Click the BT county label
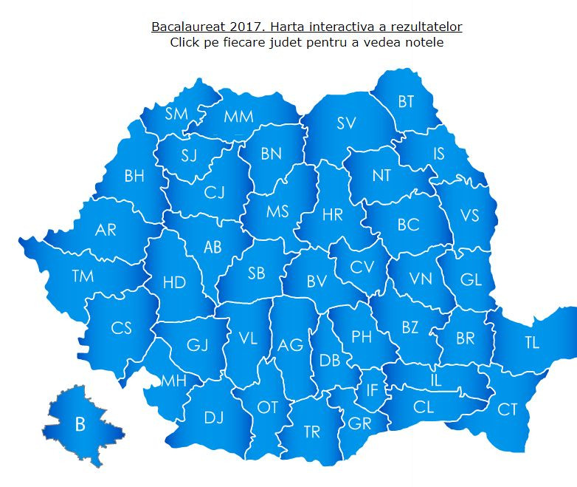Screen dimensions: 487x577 406,102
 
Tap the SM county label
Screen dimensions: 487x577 176,113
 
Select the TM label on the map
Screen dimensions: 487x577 83,276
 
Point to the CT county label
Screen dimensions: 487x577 507,409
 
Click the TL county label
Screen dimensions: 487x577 532,342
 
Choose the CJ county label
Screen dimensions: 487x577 214,193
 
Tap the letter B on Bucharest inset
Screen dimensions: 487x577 80,425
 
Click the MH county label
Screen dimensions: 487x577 173,381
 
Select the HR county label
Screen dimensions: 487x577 333,215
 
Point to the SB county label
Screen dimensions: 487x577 256,273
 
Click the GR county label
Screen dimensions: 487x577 359,423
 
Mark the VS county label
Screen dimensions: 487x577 469,215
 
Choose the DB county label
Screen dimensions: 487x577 330,360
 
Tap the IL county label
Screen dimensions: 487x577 435,381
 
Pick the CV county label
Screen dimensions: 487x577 362,267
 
